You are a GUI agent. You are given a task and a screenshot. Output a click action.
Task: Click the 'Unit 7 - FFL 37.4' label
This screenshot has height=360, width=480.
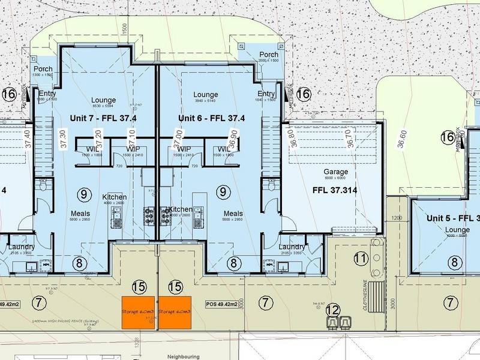[x=103, y=118]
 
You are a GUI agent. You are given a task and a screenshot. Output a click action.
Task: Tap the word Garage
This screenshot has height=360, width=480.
[x=335, y=171]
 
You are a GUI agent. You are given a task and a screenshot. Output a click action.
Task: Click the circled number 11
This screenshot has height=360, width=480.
[x=360, y=259]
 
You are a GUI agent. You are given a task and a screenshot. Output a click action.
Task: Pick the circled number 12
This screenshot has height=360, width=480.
[x=333, y=310]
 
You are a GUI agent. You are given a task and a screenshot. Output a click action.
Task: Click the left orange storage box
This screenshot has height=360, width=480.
[x=139, y=312]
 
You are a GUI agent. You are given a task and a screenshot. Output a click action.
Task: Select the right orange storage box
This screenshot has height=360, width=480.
[x=175, y=312]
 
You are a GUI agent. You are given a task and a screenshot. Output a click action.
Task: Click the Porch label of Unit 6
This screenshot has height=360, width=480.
[x=268, y=55]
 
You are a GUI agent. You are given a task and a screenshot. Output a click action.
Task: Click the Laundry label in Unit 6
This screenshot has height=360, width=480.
[x=292, y=247]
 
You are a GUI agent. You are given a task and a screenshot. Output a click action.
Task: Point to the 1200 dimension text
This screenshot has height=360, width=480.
[x=395, y=217]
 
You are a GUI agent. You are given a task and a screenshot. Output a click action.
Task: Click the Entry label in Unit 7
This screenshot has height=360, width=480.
[x=47, y=94]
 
